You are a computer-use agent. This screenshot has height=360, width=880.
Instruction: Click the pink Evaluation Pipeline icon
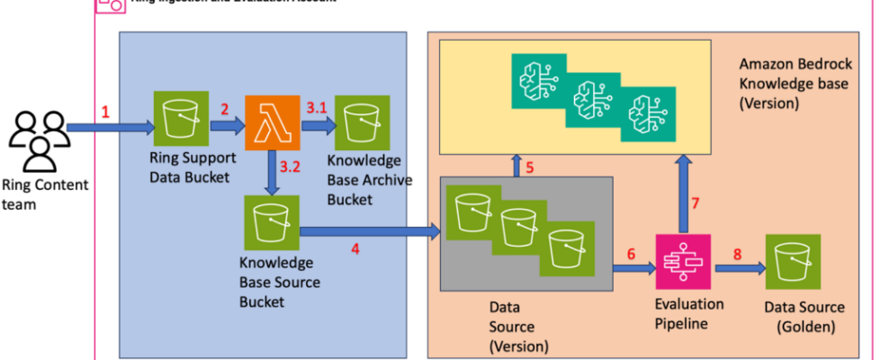[683, 262]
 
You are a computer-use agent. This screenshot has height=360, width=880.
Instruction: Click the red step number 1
[105, 113]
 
